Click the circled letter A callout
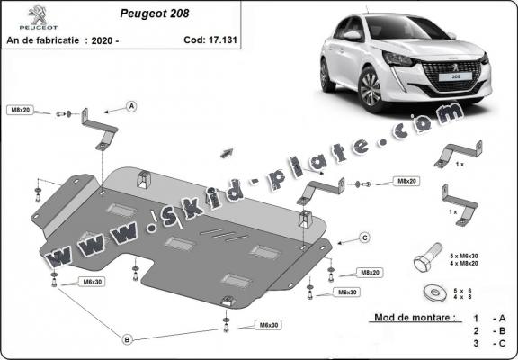[x=131, y=107]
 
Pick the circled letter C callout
[x=365, y=237]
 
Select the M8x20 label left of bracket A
[x=20, y=110]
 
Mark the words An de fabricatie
[x=45, y=40]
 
